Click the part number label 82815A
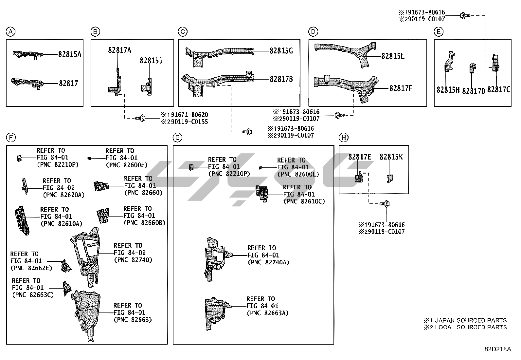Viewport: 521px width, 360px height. click(x=69, y=54)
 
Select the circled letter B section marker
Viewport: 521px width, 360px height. click(x=95, y=32)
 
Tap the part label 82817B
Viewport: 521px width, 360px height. click(x=281, y=79)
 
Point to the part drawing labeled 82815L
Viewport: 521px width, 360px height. click(x=347, y=52)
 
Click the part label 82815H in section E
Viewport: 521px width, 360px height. click(x=448, y=90)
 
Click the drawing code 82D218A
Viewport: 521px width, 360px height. click(x=498, y=349)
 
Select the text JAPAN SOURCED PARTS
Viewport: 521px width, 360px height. click(x=471, y=320)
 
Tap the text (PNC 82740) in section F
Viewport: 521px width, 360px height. click(x=133, y=260)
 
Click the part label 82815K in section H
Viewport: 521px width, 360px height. click(x=391, y=157)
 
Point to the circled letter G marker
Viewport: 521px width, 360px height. click(x=177, y=138)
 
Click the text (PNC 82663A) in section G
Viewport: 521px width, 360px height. click(x=267, y=313)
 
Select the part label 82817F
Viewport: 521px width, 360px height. click(x=401, y=88)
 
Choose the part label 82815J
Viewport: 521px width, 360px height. click(x=151, y=61)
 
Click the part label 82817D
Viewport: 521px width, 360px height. click(x=474, y=91)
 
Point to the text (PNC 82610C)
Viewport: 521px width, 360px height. click(x=304, y=201)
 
